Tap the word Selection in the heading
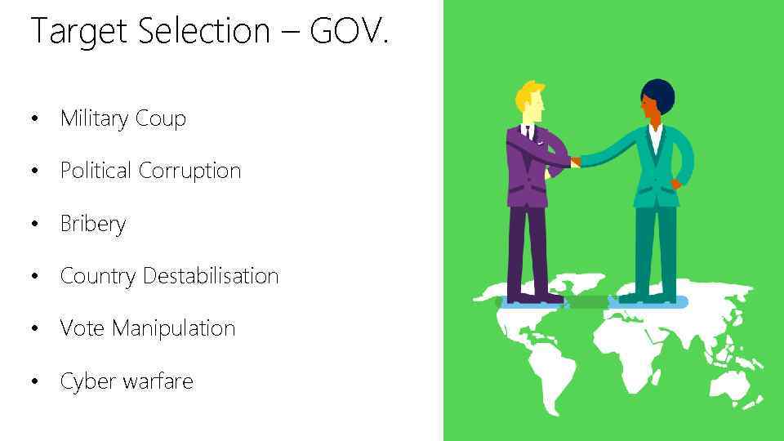pyautogui.click(x=204, y=31)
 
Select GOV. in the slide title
pyautogui.click(x=350, y=31)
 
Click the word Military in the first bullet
pyautogui.click(x=94, y=118)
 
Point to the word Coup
pyautogui.click(x=161, y=119)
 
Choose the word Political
pyautogui.click(x=96, y=171)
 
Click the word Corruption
pyautogui.click(x=190, y=171)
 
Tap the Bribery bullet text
pyautogui.click(x=93, y=224)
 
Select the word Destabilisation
pyautogui.click(x=211, y=276)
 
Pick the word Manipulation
pyautogui.click(x=173, y=329)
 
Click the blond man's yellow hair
pyautogui.click(x=528, y=95)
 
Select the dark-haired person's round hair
pyautogui.click(x=658, y=94)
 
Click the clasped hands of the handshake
pyautogui.click(x=575, y=162)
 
